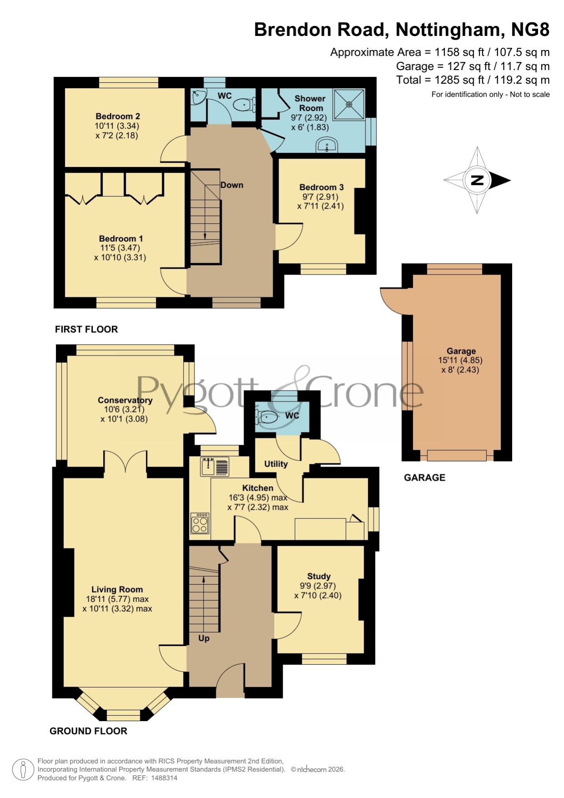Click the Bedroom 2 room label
(118, 116)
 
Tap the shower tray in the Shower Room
(349, 105)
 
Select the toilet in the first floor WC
(245, 105)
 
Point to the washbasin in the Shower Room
(327, 146)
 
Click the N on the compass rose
(477, 180)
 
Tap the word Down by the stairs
(232, 185)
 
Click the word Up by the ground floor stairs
(204, 638)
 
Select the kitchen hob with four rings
(200, 523)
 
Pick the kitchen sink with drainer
(215, 467)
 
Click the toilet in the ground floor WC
(267, 417)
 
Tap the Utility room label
(276, 464)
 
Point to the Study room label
(319, 577)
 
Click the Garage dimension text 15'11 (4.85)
(460, 360)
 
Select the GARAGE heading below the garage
(424, 477)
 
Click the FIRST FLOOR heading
(86, 329)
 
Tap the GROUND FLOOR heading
(88, 731)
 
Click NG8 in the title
(530, 30)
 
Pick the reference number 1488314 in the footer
(164, 778)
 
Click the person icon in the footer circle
(22, 770)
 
